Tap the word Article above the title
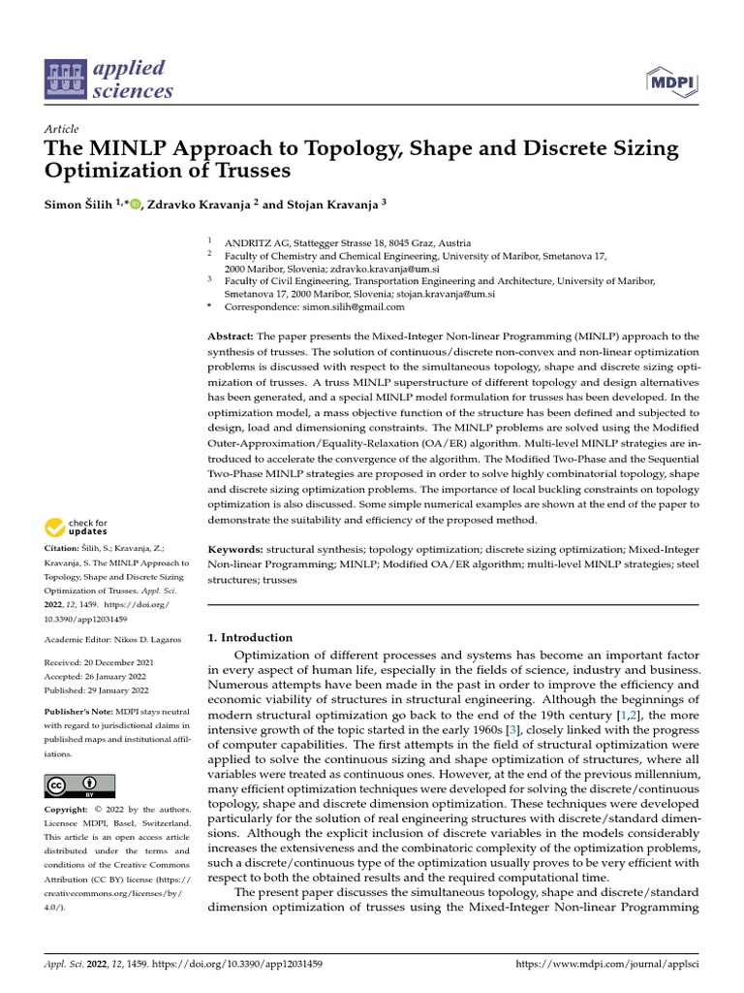click(61, 129)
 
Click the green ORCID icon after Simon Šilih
click(135, 204)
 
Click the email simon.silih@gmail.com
click(356, 306)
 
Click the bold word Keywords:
click(236, 549)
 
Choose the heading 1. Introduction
click(251, 637)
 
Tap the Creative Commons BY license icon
click(79, 785)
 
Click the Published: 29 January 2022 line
click(97, 690)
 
